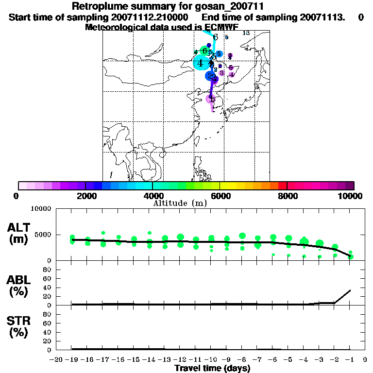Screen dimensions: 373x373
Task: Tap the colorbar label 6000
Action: click(220, 196)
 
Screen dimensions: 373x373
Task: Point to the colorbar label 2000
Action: click(85, 196)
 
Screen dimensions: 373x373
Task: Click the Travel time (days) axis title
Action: click(212, 368)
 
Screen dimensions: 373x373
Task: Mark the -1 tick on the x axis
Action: click(349, 359)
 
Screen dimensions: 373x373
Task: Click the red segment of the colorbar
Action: click(283, 186)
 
